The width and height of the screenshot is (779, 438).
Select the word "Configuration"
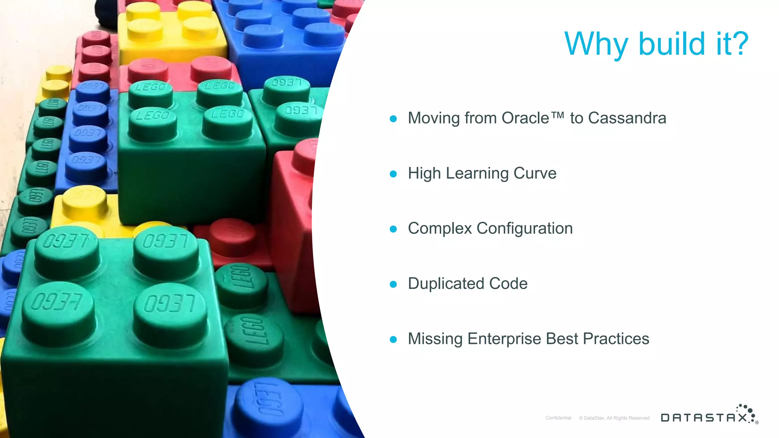(x=525, y=229)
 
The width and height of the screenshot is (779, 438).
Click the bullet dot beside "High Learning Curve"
(x=393, y=174)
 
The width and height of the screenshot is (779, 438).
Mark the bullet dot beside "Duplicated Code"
(x=393, y=284)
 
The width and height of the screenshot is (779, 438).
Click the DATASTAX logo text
(x=704, y=418)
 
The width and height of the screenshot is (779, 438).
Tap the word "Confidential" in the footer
(x=558, y=418)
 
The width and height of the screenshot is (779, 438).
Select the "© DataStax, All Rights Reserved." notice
(x=615, y=418)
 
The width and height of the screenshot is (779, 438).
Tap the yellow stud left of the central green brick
(x=84, y=202)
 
